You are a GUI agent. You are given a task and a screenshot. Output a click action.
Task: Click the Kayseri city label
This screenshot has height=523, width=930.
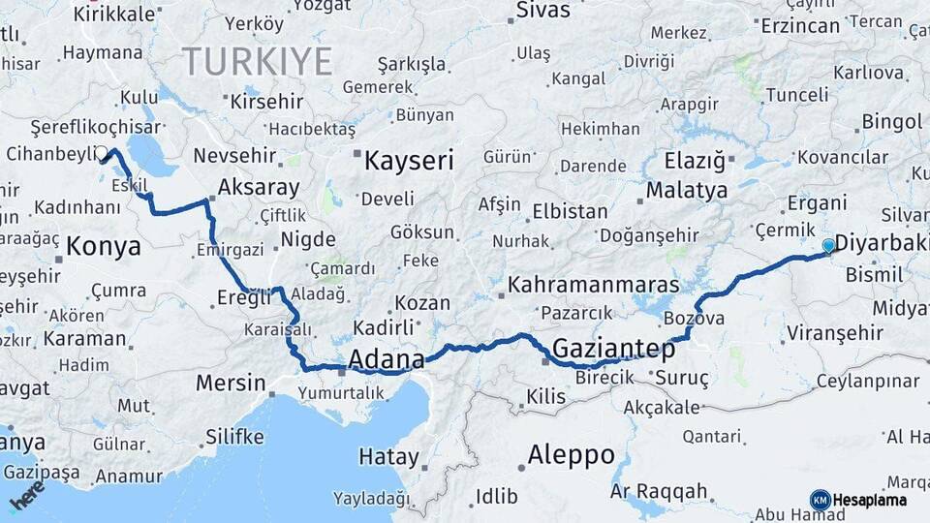(x=408, y=161)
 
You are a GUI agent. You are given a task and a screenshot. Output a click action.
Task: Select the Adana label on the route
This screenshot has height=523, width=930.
(x=386, y=360)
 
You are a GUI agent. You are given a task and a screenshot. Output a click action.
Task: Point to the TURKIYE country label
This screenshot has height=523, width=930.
(x=258, y=61)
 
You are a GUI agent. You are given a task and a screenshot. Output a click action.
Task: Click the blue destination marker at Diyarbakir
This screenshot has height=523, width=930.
(x=828, y=246)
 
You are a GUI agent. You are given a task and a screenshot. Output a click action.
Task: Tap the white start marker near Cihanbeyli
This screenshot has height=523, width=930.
(x=101, y=153)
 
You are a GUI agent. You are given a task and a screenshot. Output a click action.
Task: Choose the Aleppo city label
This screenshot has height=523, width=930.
(x=571, y=455)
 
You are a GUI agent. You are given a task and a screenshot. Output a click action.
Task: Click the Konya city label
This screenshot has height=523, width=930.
(x=103, y=247)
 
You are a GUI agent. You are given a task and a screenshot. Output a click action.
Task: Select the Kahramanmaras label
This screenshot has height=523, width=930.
(x=594, y=286)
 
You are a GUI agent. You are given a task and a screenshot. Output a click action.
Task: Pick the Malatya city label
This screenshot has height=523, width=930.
(x=687, y=190)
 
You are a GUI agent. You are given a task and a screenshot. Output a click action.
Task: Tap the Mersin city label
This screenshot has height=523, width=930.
(x=231, y=383)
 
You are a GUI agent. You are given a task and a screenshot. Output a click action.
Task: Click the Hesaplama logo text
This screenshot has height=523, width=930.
(x=870, y=500)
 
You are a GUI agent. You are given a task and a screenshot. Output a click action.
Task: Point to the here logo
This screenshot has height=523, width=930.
(x=26, y=496)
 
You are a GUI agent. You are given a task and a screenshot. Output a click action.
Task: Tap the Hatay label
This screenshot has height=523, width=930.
(x=388, y=456)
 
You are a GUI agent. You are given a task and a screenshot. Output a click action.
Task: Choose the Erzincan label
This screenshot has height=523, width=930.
(x=799, y=25)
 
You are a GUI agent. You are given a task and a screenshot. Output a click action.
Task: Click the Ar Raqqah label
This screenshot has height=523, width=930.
(x=659, y=491)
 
